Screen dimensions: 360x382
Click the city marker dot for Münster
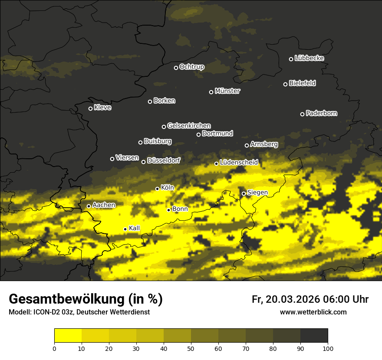click(211, 92)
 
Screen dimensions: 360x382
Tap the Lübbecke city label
click(309, 58)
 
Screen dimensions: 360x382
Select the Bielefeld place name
click(302, 83)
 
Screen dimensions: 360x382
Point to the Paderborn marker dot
click(303, 114)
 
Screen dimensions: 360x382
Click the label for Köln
click(167, 188)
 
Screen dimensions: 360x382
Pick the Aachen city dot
click(89, 206)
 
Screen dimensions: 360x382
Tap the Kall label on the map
click(135, 228)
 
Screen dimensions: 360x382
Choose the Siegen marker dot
click(244, 193)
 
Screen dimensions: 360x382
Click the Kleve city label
click(102, 108)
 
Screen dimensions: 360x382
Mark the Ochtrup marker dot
click(176, 68)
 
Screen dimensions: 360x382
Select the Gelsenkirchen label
click(189, 126)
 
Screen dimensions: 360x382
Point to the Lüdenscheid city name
click(239, 162)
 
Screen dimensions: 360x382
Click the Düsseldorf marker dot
click(143, 162)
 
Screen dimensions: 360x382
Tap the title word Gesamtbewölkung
click(66, 299)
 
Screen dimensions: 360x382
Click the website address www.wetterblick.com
click(313, 312)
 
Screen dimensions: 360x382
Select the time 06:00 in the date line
click(336, 299)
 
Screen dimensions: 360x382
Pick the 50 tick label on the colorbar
click(191, 348)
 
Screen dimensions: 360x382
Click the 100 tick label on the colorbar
click(328, 348)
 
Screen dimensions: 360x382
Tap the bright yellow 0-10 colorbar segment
click(68, 335)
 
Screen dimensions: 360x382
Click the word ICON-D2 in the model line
click(44, 312)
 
